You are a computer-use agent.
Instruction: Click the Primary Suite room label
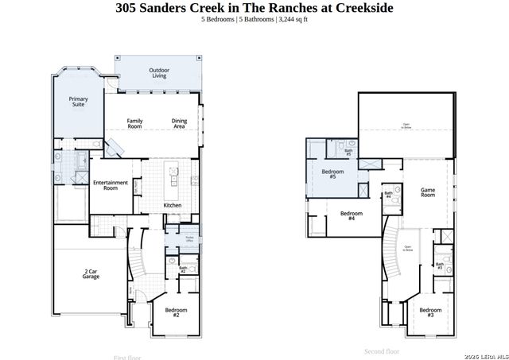(78, 103)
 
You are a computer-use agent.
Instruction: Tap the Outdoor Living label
(159, 73)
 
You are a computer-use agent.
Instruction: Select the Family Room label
(135, 123)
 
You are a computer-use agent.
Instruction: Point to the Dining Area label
(179, 123)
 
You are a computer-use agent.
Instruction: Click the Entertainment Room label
(111, 185)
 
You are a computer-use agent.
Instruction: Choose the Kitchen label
(173, 205)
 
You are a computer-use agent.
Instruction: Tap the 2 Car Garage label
(91, 274)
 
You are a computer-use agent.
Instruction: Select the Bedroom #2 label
(175, 312)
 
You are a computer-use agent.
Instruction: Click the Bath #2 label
(182, 270)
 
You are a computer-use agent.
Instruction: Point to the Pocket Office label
(190, 238)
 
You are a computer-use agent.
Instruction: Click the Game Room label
(428, 192)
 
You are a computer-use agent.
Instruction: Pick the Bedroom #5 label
(332, 174)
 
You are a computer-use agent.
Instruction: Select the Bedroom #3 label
(430, 312)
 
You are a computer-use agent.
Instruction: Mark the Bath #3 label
(439, 265)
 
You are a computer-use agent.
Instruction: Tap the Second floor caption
(382, 350)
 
